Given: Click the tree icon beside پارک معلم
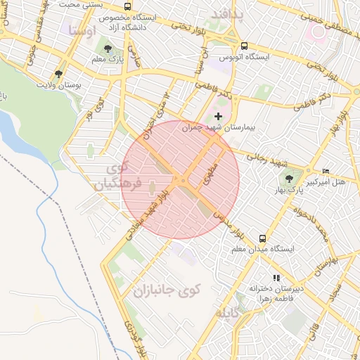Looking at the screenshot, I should [x=107, y=49].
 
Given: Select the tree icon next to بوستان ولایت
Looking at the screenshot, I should [x=58, y=72].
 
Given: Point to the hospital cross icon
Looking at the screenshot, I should [x=218, y=116].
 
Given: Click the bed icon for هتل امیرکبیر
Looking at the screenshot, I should [x=325, y=171].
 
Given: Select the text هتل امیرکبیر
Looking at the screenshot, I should [x=329, y=182].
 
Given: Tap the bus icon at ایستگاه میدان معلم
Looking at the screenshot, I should [x=262, y=238].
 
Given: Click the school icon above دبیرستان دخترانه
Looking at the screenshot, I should [x=276, y=278].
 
